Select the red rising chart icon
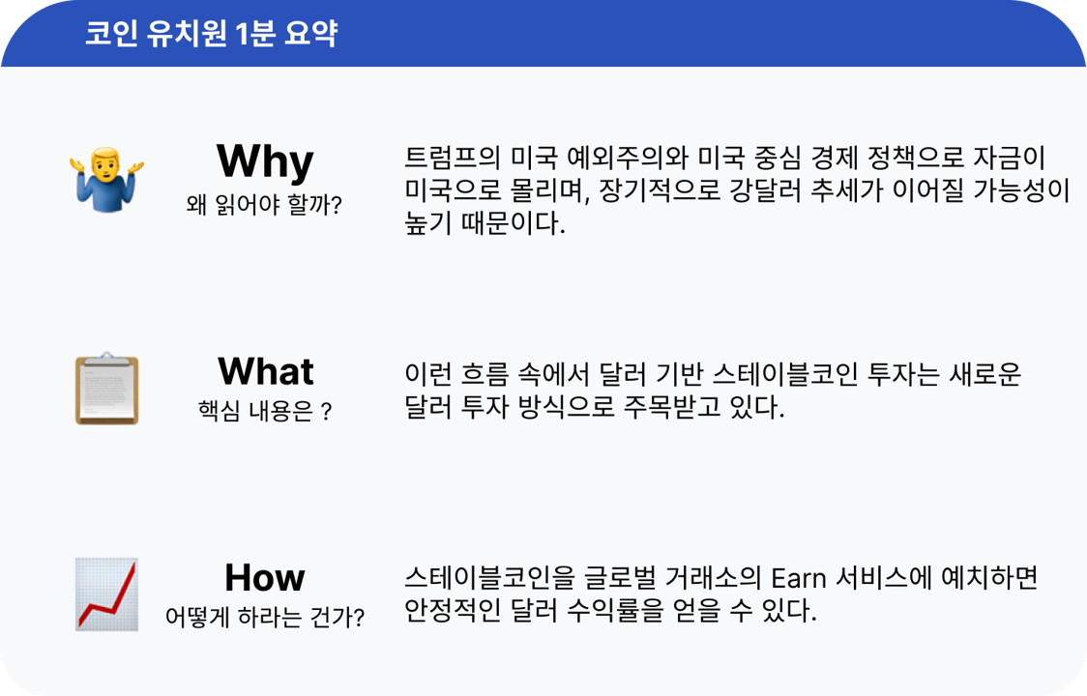pos(107,594)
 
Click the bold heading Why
pos(265,160)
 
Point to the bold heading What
pos(265,371)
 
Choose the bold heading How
pos(265,578)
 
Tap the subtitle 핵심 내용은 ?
pos(264,412)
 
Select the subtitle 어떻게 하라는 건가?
pos(264,617)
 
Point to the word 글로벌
pos(621,578)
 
